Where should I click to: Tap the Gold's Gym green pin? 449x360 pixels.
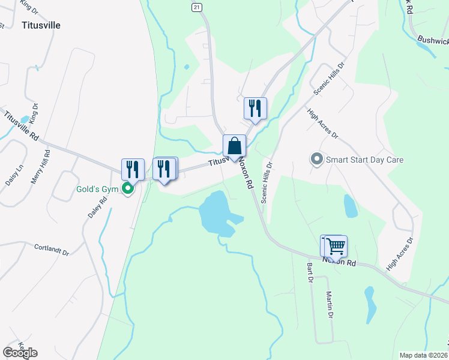pyautogui.click(x=127, y=189)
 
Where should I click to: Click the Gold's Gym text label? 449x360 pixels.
pyautogui.click(x=98, y=189)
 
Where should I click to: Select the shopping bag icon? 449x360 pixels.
pyautogui.click(x=234, y=146)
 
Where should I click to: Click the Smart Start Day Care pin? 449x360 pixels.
pyautogui.click(x=316, y=160)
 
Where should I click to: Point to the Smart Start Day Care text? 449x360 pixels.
pyautogui.click(x=364, y=160)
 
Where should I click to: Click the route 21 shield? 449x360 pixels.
pyautogui.click(x=196, y=7)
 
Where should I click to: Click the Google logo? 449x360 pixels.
pyautogui.click(x=20, y=352)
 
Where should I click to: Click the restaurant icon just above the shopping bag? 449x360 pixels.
pyautogui.click(x=255, y=109)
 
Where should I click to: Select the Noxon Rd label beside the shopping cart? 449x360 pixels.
pyautogui.click(x=339, y=262)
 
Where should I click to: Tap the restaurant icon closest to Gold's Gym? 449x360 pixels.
pyautogui.click(x=132, y=169)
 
